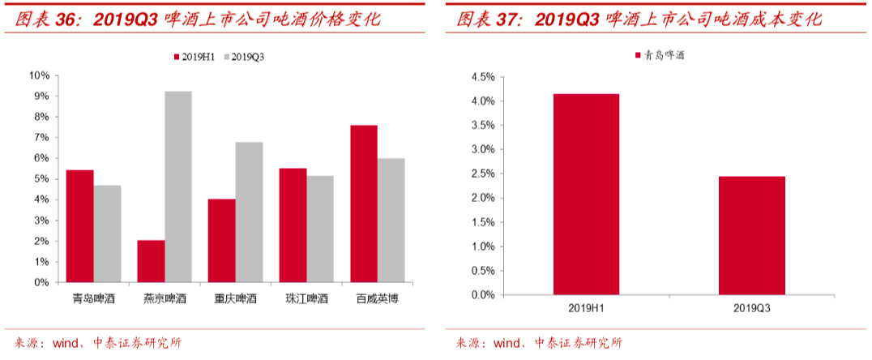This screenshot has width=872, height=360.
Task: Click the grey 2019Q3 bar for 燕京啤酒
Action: coord(178,186)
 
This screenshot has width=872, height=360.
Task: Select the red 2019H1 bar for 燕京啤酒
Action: coord(151,261)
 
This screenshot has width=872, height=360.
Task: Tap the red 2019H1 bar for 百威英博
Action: coord(364,204)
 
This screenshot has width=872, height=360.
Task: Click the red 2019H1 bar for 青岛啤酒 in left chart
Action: coord(80,226)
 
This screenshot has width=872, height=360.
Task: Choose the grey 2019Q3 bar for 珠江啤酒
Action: coord(320,229)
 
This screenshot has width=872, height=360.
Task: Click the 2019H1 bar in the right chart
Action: coord(586,195)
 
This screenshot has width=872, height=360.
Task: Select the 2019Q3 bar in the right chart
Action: coord(751,235)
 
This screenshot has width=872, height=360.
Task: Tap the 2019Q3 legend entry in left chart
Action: coord(246,57)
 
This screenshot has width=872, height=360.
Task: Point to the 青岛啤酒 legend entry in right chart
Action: coord(661,55)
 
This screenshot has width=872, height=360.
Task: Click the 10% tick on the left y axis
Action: coord(39,75)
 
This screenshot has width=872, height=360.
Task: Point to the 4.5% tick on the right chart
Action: coord(482,77)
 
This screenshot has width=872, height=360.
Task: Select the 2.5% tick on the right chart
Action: coord(482,174)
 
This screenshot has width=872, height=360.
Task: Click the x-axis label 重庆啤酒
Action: coord(235,299)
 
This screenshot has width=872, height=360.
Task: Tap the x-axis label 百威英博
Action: coord(377,299)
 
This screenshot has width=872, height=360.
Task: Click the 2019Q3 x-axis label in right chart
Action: coord(751,308)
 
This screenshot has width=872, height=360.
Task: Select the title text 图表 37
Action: coord(489,19)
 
